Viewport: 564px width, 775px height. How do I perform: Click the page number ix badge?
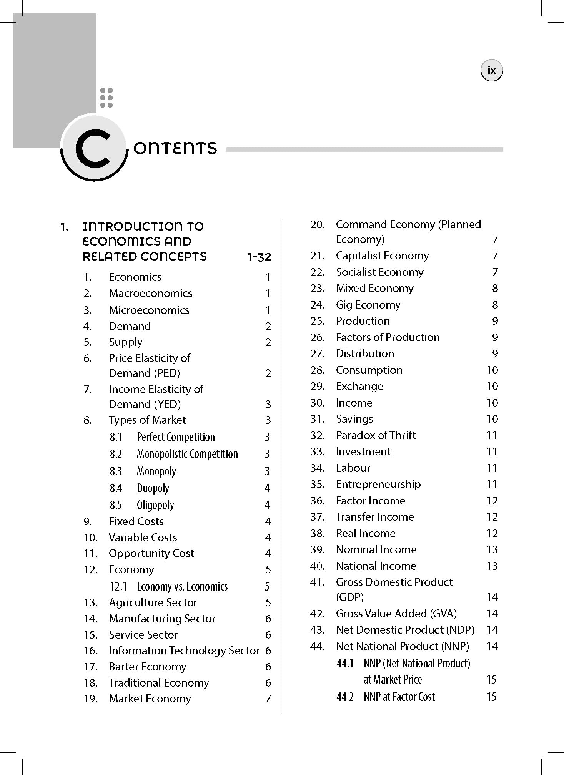pyautogui.click(x=491, y=71)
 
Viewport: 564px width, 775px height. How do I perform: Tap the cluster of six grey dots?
pyautogui.click(x=106, y=98)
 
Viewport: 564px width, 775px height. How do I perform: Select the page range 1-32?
pyautogui.click(x=259, y=257)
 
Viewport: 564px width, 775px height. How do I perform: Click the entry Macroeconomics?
pyautogui.click(x=150, y=293)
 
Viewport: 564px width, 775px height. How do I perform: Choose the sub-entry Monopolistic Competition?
pyautogui.click(x=187, y=454)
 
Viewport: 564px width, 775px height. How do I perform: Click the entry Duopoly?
pyautogui.click(x=153, y=488)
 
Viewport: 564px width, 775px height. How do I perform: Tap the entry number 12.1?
pyautogui.click(x=118, y=586)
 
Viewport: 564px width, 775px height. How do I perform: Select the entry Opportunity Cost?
pyautogui.click(x=151, y=553)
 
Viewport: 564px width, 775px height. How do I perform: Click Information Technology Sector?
pyautogui.click(x=184, y=651)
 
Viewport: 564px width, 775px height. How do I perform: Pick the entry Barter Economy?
pyautogui.click(x=147, y=667)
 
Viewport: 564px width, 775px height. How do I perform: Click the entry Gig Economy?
pyautogui.click(x=368, y=305)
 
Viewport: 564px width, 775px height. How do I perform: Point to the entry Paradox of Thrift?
pyautogui.click(x=376, y=435)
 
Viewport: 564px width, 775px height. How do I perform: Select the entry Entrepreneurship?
pyautogui.click(x=378, y=484)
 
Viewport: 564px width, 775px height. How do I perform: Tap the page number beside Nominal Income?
pyautogui.click(x=492, y=549)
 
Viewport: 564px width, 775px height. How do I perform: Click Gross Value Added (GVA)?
pyautogui.click(x=396, y=614)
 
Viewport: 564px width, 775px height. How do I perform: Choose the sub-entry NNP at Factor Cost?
pyautogui.click(x=399, y=697)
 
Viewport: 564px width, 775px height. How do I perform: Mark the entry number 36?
pyautogui.click(x=317, y=501)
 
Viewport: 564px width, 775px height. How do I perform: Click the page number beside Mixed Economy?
pyautogui.click(x=495, y=288)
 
